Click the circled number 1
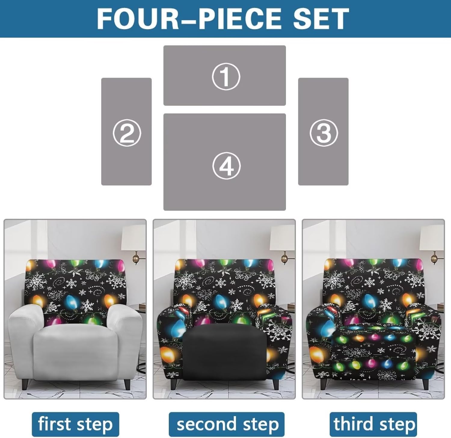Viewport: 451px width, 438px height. click(x=226, y=76)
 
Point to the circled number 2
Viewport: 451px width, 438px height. click(x=127, y=133)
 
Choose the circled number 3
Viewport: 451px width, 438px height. click(x=324, y=133)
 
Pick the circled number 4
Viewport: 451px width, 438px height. click(x=226, y=166)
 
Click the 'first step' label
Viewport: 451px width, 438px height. click(x=75, y=424)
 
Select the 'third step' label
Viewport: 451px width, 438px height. click(x=373, y=424)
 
